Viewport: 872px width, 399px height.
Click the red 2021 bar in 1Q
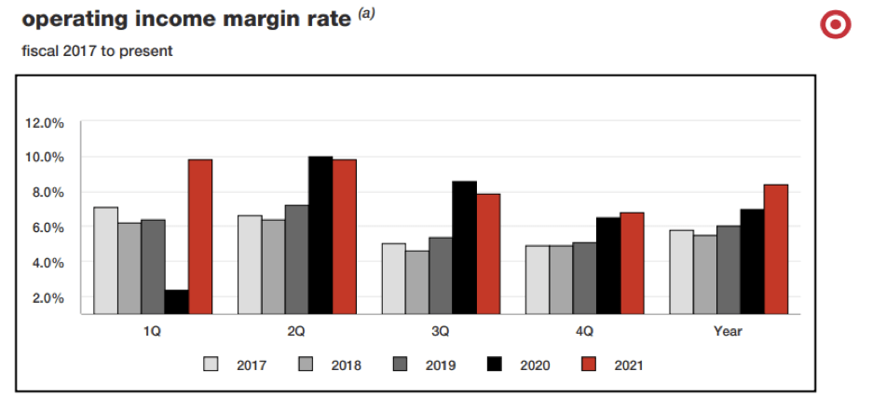pyautogui.click(x=200, y=237)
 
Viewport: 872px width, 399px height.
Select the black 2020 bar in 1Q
pyautogui.click(x=177, y=302)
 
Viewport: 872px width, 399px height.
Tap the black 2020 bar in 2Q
pyautogui.click(x=320, y=235)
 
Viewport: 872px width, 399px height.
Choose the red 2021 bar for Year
pyautogui.click(x=776, y=249)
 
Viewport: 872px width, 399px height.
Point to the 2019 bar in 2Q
pyautogui.click(x=296, y=259)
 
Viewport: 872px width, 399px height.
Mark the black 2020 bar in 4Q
pyautogui.click(x=608, y=266)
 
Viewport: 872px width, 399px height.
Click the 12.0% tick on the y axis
pyautogui.click(x=44, y=122)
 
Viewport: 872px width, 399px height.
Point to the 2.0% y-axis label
pyautogui.click(x=48, y=298)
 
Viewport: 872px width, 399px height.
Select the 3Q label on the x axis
pyautogui.click(x=440, y=331)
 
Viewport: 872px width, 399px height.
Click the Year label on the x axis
pyautogui.click(x=728, y=331)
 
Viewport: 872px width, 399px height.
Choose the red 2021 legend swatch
pyautogui.click(x=589, y=365)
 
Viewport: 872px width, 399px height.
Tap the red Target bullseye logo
pyautogui.click(x=835, y=25)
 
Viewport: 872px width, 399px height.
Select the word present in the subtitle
pyautogui.click(x=148, y=51)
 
